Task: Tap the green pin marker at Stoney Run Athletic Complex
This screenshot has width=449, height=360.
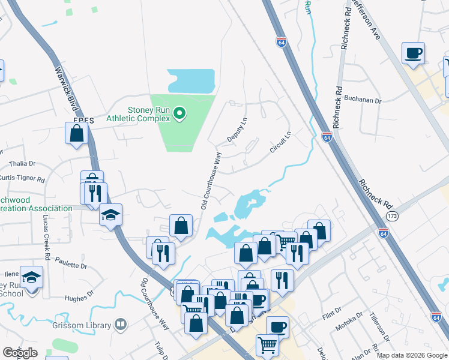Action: click(x=179, y=113)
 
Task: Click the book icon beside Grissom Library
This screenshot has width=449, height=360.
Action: click(x=121, y=325)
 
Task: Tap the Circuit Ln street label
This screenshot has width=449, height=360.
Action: click(x=280, y=142)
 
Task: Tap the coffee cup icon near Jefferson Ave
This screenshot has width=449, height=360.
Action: click(x=413, y=53)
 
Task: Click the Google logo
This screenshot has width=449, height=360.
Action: click(x=20, y=353)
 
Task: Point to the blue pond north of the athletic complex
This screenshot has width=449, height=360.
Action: click(x=191, y=80)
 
